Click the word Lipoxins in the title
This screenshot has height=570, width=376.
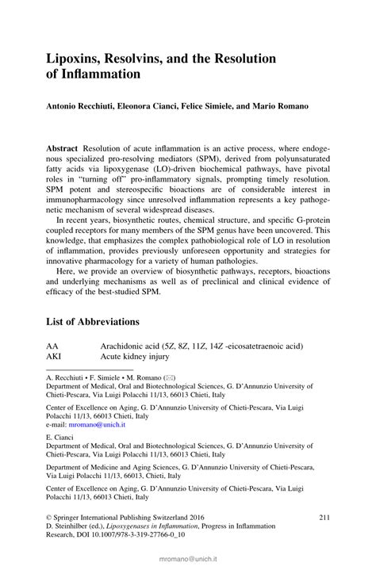77,59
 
